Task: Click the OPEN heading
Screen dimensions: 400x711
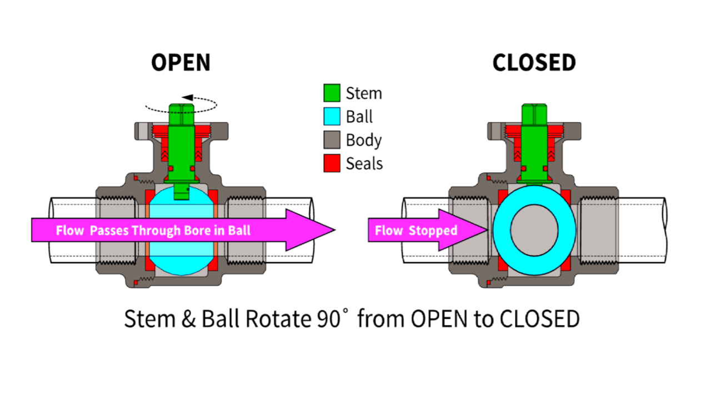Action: coord(181,63)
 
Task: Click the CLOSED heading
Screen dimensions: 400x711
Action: coord(534,63)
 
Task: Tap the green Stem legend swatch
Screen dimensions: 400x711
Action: coord(332,93)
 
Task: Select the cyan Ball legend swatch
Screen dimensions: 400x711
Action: coord(332,117)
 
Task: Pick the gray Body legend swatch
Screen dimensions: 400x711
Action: coord(332,140)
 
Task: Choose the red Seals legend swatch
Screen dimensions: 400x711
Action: coord(332,163)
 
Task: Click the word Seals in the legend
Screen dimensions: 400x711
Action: coord(364,163)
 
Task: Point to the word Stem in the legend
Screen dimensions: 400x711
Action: coord(364,93)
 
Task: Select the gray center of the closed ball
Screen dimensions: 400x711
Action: coord(534,229)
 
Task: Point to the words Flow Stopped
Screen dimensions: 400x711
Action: coord(415,230)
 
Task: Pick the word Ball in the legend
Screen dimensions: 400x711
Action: coord(359,117)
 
